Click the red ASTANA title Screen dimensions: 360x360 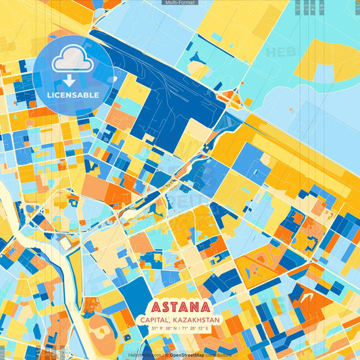click(189, 307)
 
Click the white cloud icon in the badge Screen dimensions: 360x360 click(74, 61)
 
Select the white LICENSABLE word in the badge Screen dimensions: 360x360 click(74, 95)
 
